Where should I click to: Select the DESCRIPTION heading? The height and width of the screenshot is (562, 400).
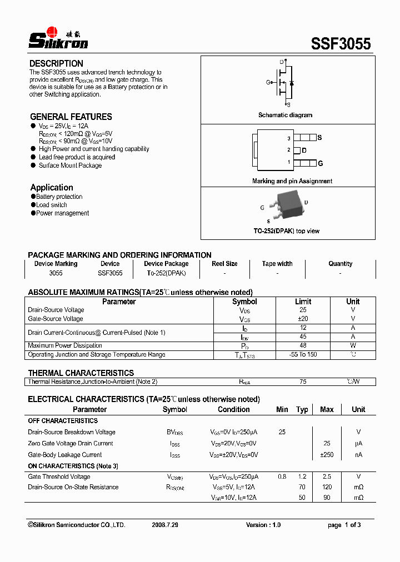click(x=56, y=63)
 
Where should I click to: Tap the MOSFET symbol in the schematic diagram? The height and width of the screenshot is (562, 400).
click(x=284, y=83)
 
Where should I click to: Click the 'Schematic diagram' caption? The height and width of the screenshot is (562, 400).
click(x=285, y=115)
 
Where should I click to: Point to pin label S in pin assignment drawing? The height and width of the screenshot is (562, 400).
click(x=319, y=137)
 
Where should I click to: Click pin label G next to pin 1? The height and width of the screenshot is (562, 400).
click(x=320, y=163)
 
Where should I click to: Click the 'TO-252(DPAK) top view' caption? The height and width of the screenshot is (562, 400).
click(x=286, y=231)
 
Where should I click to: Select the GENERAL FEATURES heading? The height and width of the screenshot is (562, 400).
click(x=71, y=117)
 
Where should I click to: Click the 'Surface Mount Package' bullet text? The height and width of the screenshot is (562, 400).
click(x=70, y=165)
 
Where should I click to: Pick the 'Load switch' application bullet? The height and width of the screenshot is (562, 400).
click(x=52, y=205)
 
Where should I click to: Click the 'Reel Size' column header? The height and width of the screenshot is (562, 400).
click(x=224, y=264)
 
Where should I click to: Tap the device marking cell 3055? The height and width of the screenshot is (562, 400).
click(x=56, y=273)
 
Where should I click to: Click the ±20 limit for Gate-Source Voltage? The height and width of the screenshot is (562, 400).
click(x=303, y=319)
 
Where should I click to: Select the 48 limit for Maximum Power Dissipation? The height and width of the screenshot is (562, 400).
click(x=303, y=345)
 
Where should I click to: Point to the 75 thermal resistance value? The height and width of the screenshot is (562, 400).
click(x=303, y=382)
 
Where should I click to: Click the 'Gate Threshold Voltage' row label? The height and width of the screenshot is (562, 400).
click(x=59, y=476)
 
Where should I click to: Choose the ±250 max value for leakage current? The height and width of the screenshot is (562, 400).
click(x=327, y=455)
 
